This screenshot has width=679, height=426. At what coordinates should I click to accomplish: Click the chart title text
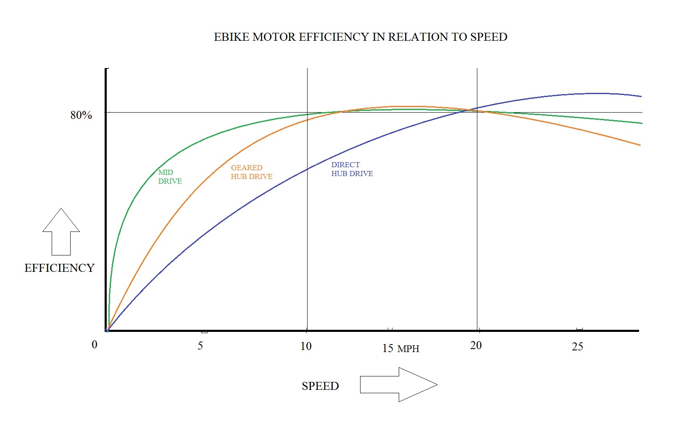coord(361,37)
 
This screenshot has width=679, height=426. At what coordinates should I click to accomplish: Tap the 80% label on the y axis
coord(81,115)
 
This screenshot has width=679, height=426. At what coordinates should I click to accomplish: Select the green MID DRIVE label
coord(170,177)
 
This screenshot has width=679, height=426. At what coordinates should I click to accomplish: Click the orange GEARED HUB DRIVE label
coord(251,172)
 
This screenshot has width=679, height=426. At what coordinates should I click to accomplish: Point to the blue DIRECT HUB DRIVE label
coord(352,169)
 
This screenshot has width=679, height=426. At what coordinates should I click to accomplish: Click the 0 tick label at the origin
coord(95,345)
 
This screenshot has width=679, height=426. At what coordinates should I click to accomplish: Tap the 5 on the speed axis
coord(200,346)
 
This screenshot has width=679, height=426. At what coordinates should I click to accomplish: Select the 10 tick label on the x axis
coord(306,346)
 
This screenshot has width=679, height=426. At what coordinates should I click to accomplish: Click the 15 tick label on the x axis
coord(388,348)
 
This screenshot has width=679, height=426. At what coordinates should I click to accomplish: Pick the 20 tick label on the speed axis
coord(476,345)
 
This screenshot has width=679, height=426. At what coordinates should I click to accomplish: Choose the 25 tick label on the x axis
coord(577,347)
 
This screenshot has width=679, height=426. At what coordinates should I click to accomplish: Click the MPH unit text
coord(408,349)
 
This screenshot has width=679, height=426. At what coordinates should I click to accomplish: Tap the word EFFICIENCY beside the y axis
coord(59,268)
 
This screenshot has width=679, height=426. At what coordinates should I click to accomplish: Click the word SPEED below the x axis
coord(320,386)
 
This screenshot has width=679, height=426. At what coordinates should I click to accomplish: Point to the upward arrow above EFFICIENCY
coord(61,231)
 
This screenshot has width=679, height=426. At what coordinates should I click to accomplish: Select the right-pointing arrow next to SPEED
coord(398,384)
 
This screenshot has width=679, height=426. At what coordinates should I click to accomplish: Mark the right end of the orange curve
coord(640,145)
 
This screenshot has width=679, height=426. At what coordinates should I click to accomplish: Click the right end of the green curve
coord(641,123)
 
